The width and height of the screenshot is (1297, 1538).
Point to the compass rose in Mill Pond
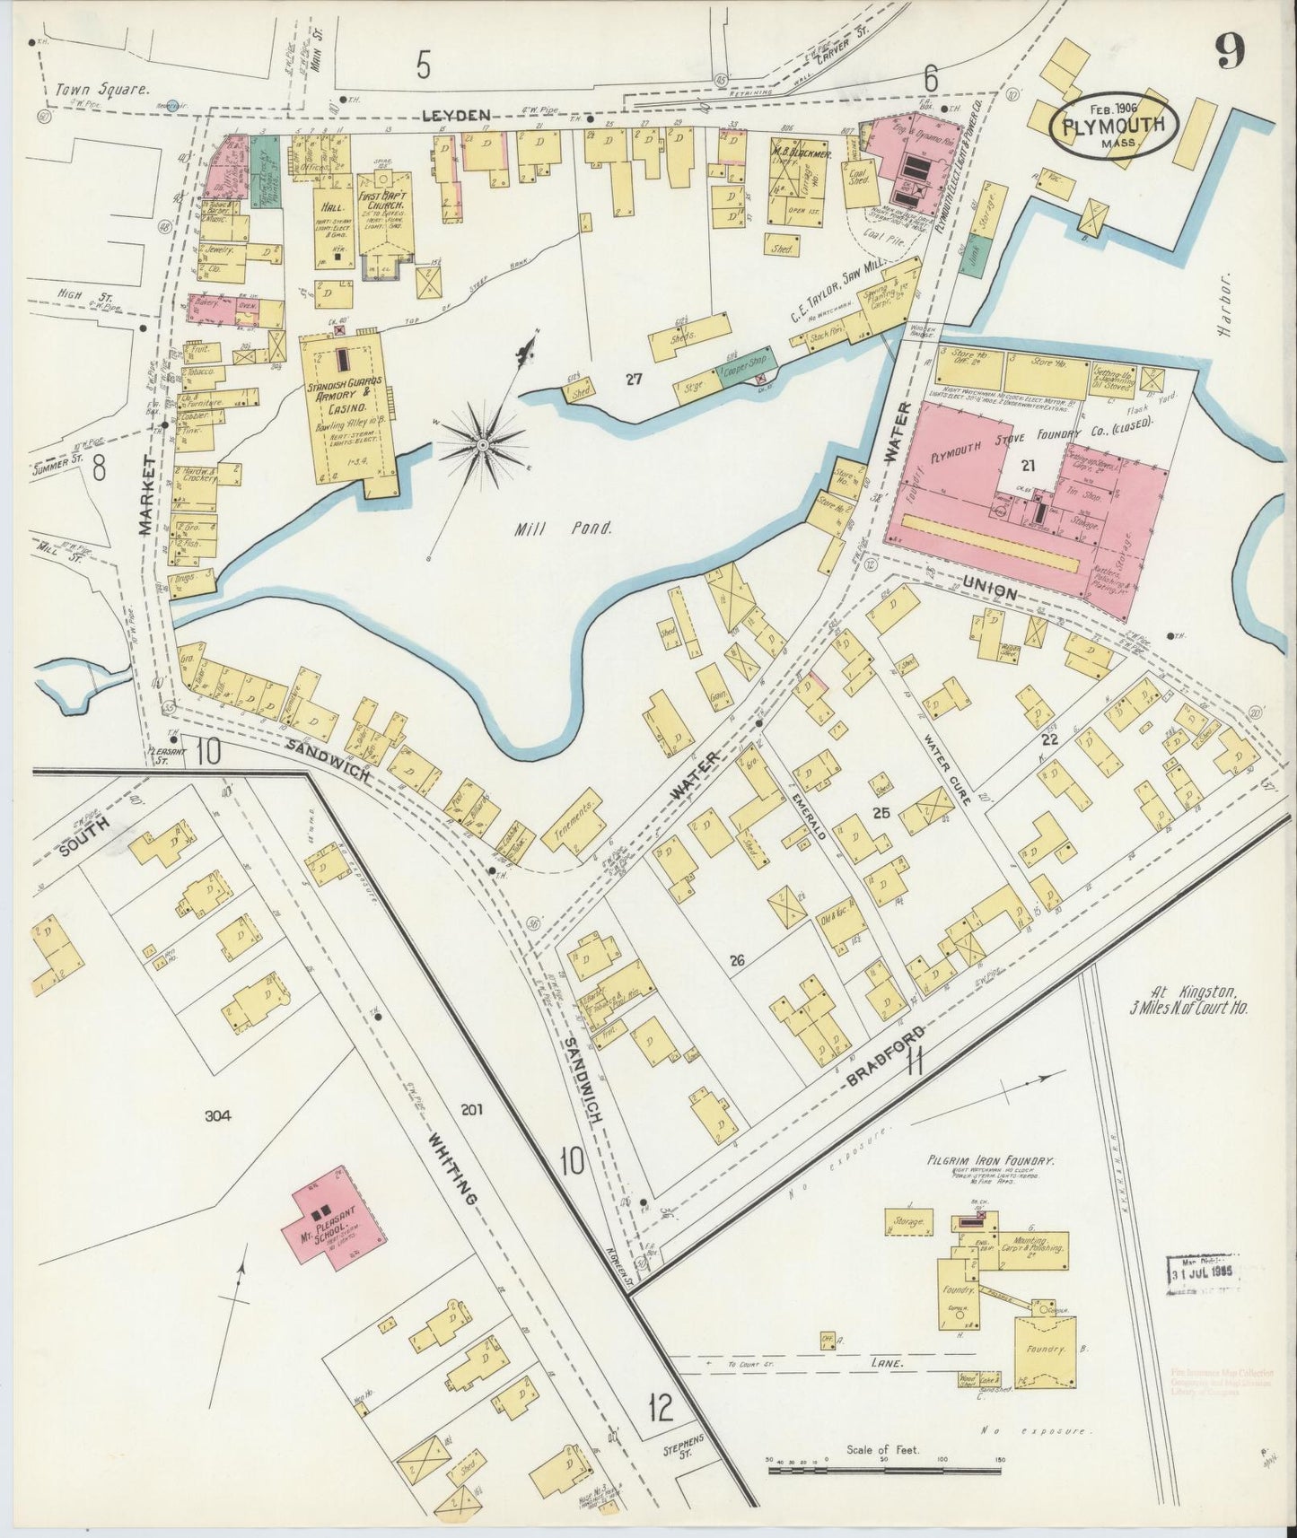(x=483, y=443)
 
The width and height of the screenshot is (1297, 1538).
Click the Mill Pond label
(x=563, y=529)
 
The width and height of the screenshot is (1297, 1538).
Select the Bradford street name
(x=885, y=1060)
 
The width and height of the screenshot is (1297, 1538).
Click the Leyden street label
(x=464, y=115)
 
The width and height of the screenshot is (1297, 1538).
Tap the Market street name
(x=148, y=493)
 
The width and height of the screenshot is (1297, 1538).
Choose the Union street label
(x=990, y=594)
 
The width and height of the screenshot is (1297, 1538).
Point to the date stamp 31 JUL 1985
(x=1203, y=1273)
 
